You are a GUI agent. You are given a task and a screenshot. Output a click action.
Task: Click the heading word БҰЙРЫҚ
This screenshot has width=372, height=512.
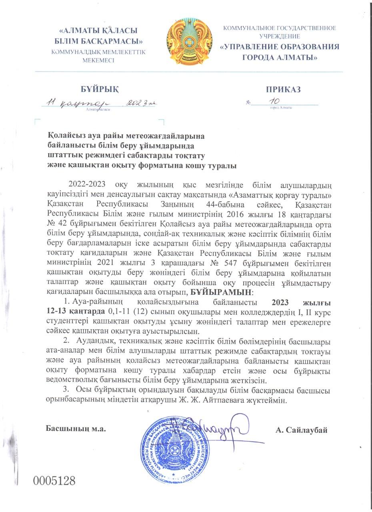[x=99, y=89]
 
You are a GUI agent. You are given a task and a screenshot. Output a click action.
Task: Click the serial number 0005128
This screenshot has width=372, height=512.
[x=54, y=480]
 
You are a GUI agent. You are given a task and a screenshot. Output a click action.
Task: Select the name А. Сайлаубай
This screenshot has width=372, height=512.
[x=301, y=430]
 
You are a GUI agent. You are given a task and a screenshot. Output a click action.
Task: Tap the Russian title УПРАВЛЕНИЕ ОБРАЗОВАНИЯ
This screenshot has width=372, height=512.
[x=279, y=47]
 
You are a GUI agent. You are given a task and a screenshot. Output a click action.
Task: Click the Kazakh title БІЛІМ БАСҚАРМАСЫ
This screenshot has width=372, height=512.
[x=98, y=41]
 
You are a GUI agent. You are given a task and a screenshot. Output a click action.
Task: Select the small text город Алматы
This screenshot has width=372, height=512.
[x=281, y=108]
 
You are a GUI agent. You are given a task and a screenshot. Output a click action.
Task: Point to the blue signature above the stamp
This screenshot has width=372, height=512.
[x=218, y=428]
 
